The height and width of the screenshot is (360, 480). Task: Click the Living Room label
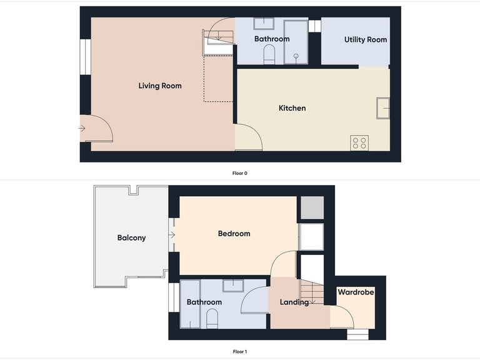[x=160, y=86]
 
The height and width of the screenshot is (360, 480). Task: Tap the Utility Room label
[x=366, y=39]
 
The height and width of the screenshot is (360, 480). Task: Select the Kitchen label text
[x=292, y=108]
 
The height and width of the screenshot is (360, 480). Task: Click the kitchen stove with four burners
[x=359, y=142]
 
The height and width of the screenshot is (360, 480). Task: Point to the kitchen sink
[x=383, y=107]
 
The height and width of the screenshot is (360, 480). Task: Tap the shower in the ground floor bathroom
[x=296, y=42]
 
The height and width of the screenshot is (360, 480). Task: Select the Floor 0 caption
[x=240, y=172]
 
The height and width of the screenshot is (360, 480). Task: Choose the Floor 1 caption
[x=240, y=352]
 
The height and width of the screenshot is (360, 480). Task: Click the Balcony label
[x=131, y=237]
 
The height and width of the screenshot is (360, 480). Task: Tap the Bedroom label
[x=234, y=234]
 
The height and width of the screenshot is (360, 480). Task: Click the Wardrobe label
[x=356, y=292]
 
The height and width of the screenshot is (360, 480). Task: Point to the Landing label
[x=294, y=302]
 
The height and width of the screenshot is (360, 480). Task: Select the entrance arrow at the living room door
[x=82, y=129]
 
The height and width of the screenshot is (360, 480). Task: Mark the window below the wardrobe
[x=358, y=333]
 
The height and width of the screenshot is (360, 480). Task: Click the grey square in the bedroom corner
[x=311, y=208]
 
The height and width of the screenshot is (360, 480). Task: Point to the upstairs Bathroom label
[x=204, y=302]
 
